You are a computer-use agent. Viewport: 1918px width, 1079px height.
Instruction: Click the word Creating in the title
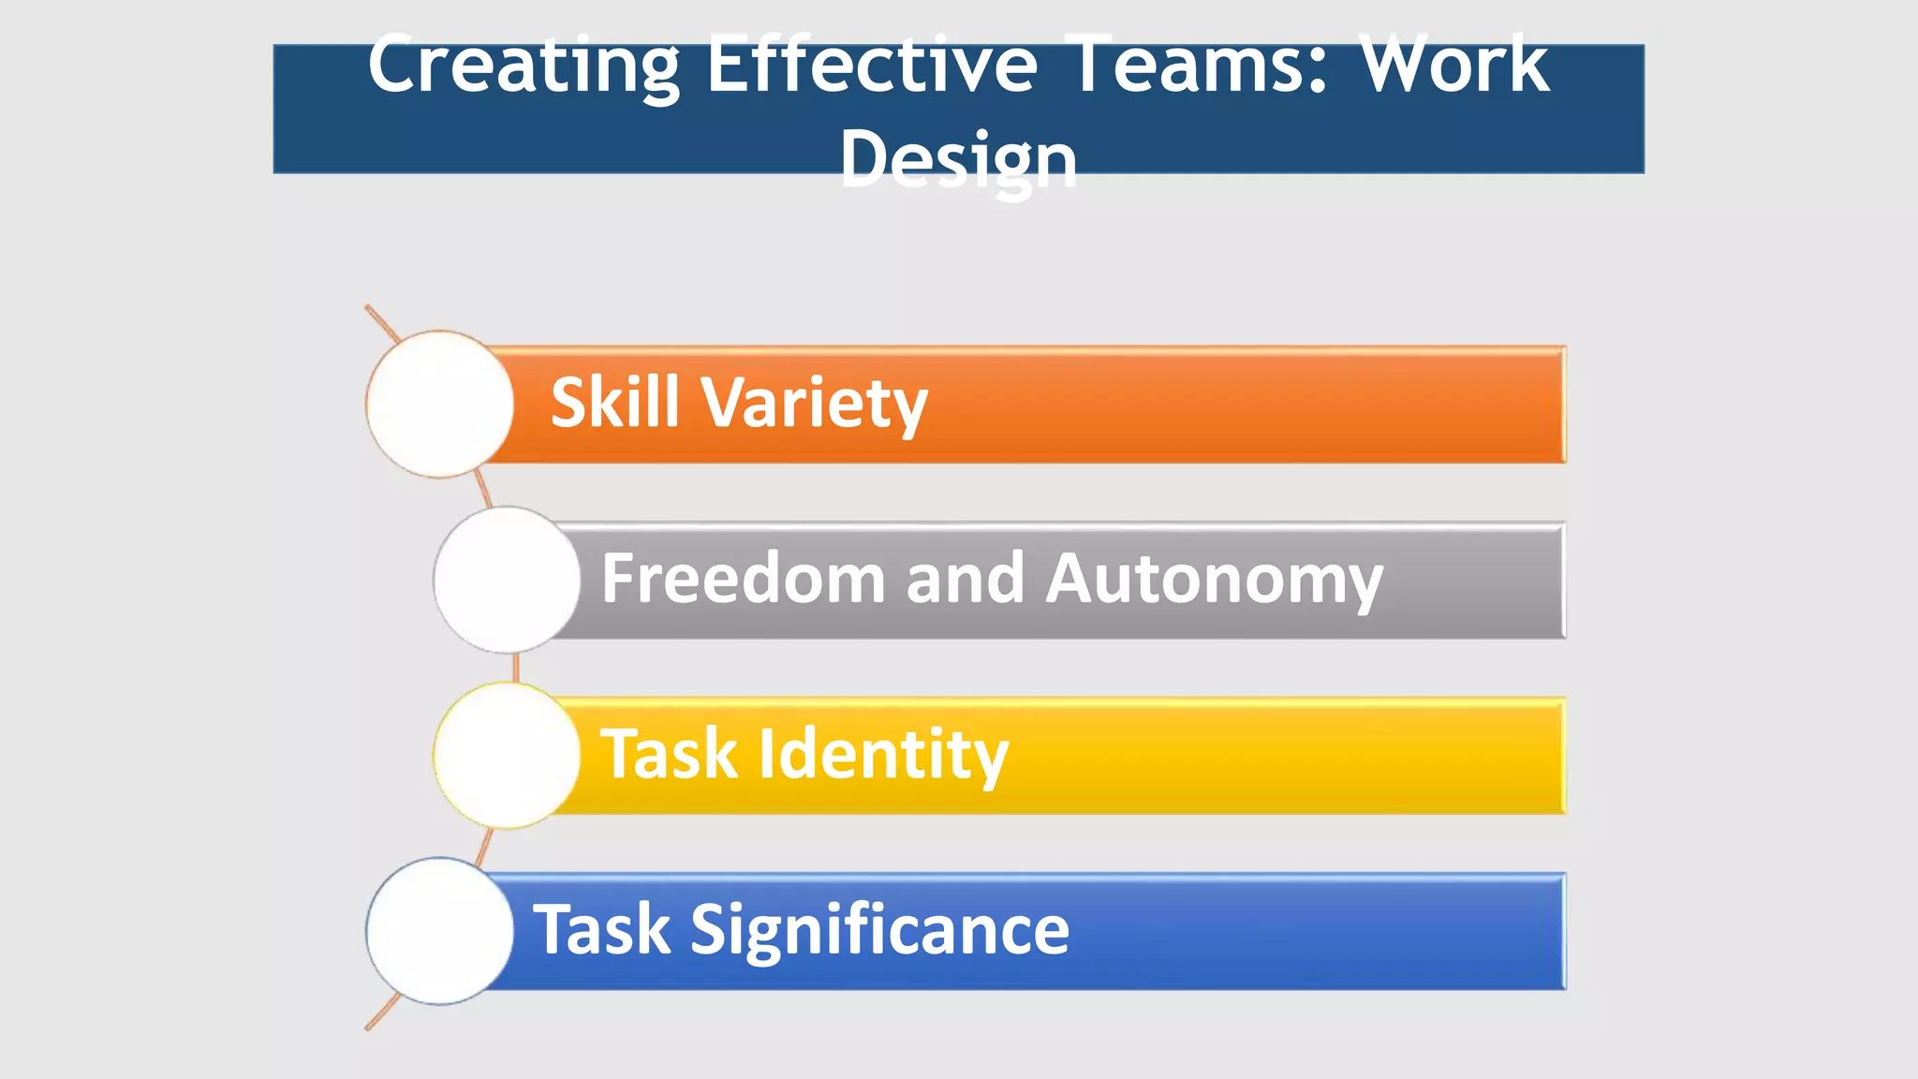click(523, 66)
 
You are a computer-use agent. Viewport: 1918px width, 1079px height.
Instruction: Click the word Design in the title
click(958, 159)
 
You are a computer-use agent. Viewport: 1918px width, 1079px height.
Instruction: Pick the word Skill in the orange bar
click(614, 403)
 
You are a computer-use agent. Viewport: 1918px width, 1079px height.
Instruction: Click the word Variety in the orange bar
click(814, 405)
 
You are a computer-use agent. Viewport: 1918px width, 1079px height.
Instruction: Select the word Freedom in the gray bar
click(743, 579)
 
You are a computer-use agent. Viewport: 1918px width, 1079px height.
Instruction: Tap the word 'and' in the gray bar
click(965, 579)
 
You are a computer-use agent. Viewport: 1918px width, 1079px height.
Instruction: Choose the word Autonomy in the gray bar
click(1214, 581)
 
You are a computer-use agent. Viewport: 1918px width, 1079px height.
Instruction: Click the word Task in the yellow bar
click(669, 754)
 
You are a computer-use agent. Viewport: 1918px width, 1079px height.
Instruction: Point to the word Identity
click(883, 756)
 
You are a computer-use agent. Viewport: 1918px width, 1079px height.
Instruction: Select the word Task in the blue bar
click(601, 930)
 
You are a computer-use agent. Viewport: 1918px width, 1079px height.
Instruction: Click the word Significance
click(879, 932)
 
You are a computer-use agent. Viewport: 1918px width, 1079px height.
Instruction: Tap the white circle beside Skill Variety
click(439, 404)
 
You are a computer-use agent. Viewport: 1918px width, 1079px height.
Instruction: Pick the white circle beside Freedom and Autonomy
click(507, 580)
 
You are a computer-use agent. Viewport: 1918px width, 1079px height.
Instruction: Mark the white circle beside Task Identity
click(507, 755)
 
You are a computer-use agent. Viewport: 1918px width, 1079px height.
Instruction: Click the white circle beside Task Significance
click(439, 931)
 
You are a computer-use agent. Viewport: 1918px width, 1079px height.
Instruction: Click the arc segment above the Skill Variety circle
click(382, 322)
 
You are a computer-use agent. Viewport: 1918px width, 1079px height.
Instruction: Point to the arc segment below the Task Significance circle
click(382, 1013)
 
